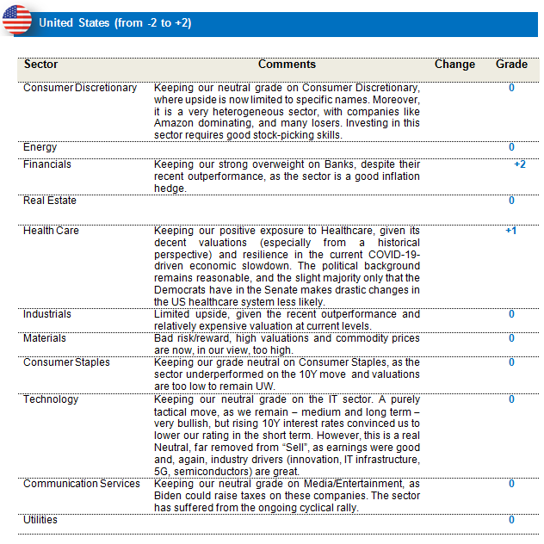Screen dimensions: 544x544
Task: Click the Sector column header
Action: [x=41, y=65]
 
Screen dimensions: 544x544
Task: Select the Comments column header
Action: [x=287, y=65]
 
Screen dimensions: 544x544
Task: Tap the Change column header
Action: [x=454, y=65]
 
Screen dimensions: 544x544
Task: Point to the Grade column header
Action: [x=511, y=65]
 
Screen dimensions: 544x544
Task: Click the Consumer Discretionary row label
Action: [x=80, y=88]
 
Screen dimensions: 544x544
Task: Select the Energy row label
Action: [x=40, y=147]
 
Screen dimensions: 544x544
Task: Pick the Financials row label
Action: [x=47, y=164]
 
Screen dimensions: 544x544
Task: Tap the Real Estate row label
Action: [x=50, y=201]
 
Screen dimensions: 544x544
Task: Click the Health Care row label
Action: [x=51, y=231]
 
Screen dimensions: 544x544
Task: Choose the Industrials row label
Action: [x=47, y=314]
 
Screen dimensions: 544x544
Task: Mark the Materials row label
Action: [x=45, y=338]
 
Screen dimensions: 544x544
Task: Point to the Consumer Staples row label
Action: [x=66, y=362]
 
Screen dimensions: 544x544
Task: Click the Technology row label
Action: [x=51, y=399]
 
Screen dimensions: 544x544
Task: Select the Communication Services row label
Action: [x=82, y=484]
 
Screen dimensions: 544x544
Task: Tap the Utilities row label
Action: [x=40, y=520]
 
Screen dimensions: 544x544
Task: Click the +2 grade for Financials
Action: [x=519, y=164]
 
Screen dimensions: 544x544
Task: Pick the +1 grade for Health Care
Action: [x=511, y=231]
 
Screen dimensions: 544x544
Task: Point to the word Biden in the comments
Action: [x=170, y=496]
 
